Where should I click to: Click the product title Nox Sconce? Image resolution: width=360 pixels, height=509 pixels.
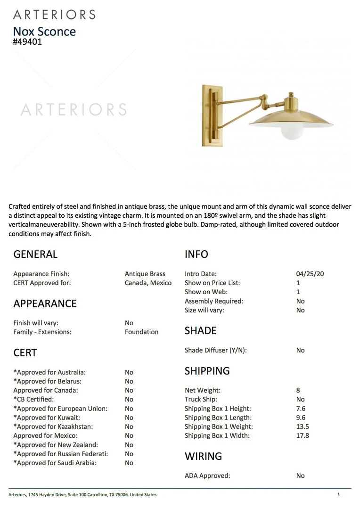[x=44, y=32]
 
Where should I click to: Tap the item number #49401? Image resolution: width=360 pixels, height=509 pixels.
[x=27, y=41]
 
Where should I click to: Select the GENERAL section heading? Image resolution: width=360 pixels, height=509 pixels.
[x=35, y=254]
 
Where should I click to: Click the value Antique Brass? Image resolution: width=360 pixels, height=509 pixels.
[x=145, y=274]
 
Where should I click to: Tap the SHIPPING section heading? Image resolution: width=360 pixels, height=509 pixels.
[x=207, y=371]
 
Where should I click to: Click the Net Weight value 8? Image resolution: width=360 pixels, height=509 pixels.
[x=298, y=390]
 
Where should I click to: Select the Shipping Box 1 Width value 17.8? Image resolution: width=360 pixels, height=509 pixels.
[x=303, y=435]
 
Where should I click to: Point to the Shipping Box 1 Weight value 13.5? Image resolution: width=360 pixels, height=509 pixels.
[x=303, y=427]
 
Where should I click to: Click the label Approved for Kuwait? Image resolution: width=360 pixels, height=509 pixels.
[x=47, y=418]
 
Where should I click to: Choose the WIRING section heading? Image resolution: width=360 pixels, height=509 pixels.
[x=203, y=456]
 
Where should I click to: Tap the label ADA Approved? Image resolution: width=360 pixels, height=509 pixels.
[x=207, y=476]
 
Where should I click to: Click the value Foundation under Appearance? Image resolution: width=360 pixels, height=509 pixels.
[x=141, y=332]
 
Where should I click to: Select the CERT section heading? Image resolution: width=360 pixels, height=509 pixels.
[x=25, y=353]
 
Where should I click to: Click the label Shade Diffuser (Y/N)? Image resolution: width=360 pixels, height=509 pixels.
[x=216, y=350]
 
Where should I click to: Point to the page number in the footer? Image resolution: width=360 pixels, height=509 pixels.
[x=338, y=494]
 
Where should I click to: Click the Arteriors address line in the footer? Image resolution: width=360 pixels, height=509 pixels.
[x=83, y=494]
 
